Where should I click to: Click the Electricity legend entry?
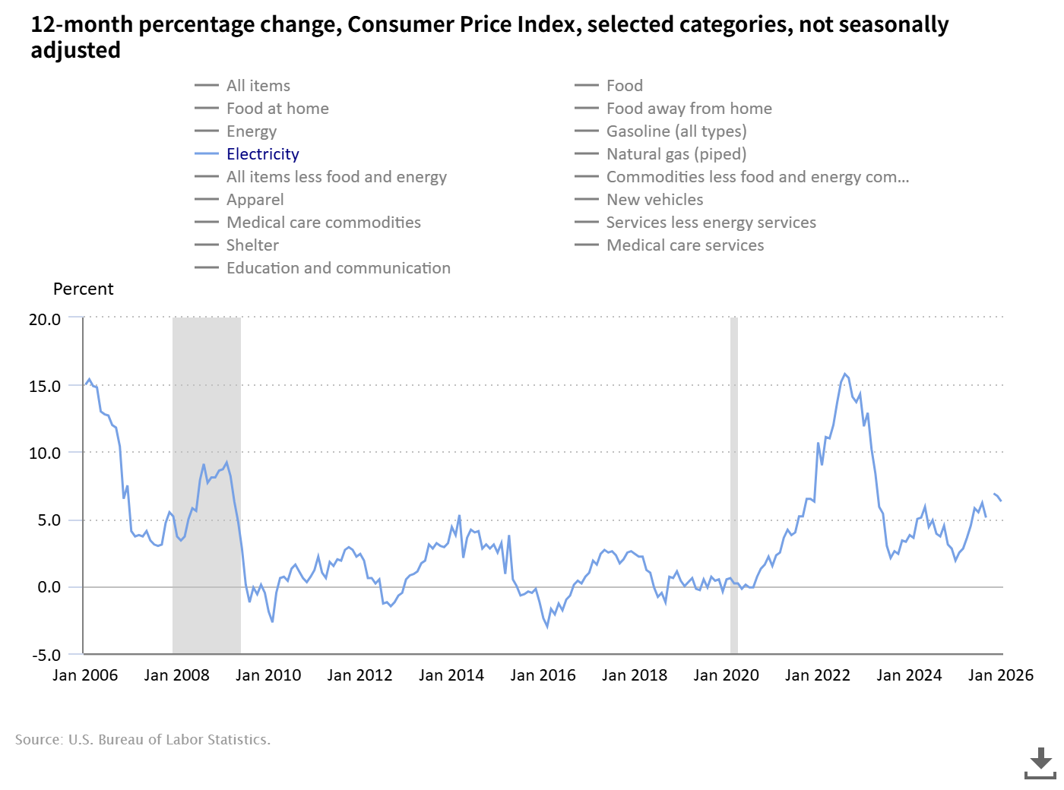click(262, 154)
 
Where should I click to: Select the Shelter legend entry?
click(252, 245)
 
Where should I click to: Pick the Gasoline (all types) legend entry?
click(676, 131)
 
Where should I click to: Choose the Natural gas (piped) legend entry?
click(676, 154)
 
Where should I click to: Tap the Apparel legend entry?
click(255, 200)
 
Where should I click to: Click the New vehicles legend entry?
click(654, 200)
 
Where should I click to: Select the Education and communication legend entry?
click(338, 268)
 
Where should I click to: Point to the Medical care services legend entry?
click(685, 245)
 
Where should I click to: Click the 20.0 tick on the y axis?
click(45, 319)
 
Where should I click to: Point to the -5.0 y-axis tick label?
click(45, 655)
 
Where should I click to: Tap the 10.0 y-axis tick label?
click(45, 453)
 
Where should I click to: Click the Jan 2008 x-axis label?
click(176, 675)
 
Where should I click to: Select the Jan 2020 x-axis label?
click(726, 675)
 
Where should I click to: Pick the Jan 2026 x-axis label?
click(1000, 675)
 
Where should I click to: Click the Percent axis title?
click(83, 289)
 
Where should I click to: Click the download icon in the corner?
click(1040, 763)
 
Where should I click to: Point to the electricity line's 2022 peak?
click(844, 374)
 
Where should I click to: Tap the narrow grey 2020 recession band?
click(734, 486)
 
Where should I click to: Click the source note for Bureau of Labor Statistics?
click(143, 740)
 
